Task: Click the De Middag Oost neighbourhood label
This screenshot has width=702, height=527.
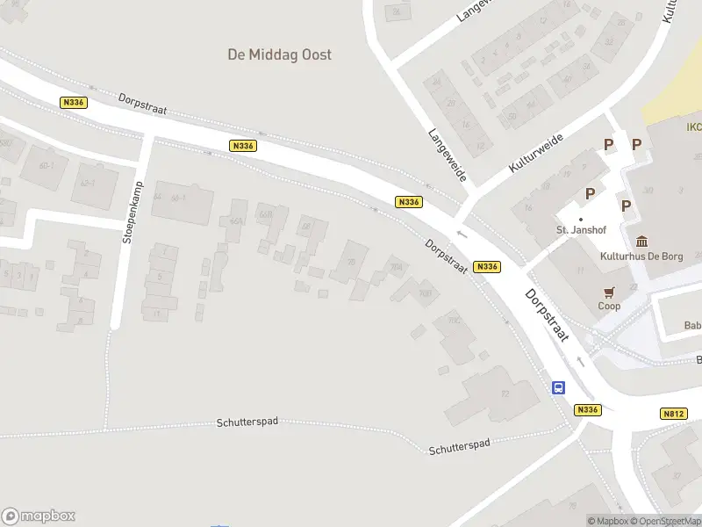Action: click(279, 54)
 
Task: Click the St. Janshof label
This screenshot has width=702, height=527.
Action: click(581, 230)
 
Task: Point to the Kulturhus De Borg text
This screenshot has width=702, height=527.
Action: click(641, 256)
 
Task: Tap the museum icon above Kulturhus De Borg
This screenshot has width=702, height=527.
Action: click(641, 241)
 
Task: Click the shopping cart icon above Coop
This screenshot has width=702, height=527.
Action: click(609, 292)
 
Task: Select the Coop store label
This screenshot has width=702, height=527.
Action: click(609, 307)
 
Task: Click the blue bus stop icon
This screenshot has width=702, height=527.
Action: click(558, 387)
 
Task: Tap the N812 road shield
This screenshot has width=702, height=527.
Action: click(673, 413)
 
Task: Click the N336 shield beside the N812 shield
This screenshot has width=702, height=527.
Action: click(588, 409)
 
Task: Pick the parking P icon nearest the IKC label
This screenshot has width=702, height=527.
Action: click(637, 144)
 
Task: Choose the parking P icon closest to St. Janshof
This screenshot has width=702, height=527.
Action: click(591, 193)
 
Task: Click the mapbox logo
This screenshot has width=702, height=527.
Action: click(39, 516)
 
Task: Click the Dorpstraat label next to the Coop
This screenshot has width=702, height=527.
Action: click(547, 315)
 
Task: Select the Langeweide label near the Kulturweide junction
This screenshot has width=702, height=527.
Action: click(446, 155)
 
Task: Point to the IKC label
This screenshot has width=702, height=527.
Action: click(693, 127)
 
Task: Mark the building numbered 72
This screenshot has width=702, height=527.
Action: click(505, 394)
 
